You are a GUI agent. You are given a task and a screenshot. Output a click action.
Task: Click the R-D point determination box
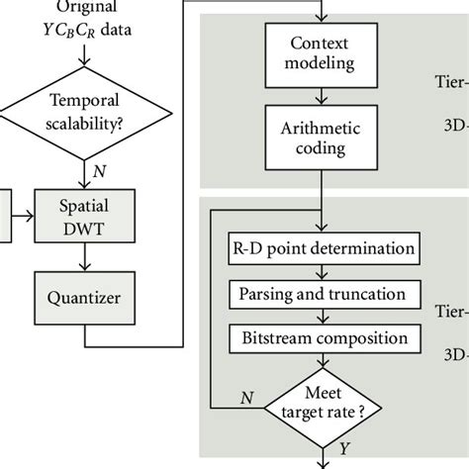pyautogui.click(x=324, y=246)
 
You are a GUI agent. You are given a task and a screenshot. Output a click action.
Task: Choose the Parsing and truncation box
pyautogui.click(x=324, y=293)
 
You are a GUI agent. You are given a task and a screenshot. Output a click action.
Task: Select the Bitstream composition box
pyautogui.click(x=324, y=338)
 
